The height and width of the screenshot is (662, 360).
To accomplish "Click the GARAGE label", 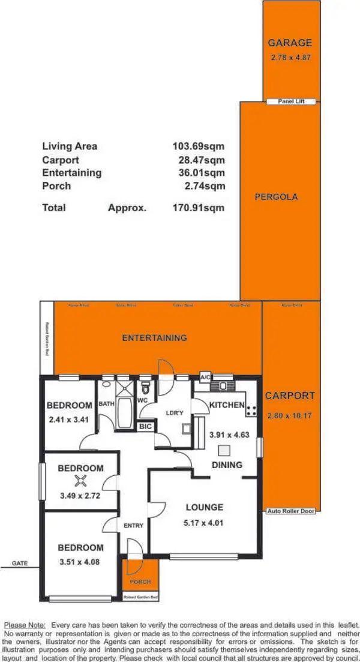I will click(x=290, y=43).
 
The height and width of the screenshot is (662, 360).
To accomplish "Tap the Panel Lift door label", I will click(x=292, y=101).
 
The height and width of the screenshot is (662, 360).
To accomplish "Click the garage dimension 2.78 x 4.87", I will click(x=290, y=58).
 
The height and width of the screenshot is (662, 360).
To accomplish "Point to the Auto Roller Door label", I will click(x=292, y=511).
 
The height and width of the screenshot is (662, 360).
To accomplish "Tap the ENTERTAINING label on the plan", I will click(x=154, y=338).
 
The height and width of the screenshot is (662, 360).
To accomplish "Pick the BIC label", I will click(x=145, y=427).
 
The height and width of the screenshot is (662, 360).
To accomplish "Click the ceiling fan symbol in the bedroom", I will click(x=81, y=480).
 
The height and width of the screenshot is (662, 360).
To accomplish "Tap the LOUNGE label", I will click(x=204, y=507).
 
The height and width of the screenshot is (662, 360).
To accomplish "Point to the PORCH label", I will click(x=140, y=582).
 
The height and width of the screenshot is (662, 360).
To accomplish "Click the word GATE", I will click(x=19, y=564).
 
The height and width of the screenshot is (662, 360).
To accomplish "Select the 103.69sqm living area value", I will click(x=198, y=146).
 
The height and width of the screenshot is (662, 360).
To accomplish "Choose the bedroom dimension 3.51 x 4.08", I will click(x=80, y=562).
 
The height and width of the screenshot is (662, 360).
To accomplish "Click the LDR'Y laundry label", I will click(x=175, y=412).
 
